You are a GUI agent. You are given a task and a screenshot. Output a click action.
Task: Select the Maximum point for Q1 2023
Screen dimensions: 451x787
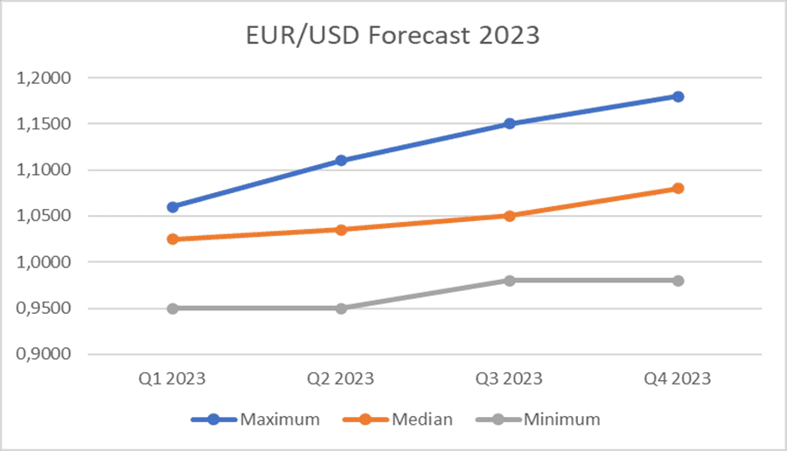pos(172,207)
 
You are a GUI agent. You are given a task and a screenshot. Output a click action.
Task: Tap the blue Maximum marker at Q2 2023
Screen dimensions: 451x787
pos(341,161)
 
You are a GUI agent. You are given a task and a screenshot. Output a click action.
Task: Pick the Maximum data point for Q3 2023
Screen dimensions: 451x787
pos(509,124)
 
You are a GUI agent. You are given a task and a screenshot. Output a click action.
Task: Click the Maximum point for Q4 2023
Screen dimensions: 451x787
pos(678,96)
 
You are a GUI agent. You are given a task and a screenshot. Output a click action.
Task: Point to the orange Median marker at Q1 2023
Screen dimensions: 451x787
pos(172,239)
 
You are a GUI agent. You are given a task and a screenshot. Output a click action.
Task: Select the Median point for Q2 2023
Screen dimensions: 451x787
pos(341,230)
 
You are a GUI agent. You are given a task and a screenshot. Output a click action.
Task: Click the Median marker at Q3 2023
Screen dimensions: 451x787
pos(509,215)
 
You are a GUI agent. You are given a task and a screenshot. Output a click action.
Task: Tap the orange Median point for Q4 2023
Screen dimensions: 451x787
pos(678,188)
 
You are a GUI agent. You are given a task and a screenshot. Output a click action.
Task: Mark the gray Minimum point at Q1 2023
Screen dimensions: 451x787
pos(172,309)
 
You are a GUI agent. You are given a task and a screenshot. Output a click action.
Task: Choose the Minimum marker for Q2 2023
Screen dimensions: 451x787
pos(341,309)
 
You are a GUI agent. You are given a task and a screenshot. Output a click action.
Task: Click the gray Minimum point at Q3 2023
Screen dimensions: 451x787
pos(509,281)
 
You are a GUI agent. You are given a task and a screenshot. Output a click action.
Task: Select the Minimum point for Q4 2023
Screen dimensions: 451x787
pos(678,281)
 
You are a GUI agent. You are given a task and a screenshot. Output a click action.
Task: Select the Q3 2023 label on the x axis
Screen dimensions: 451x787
pos(509,379)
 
